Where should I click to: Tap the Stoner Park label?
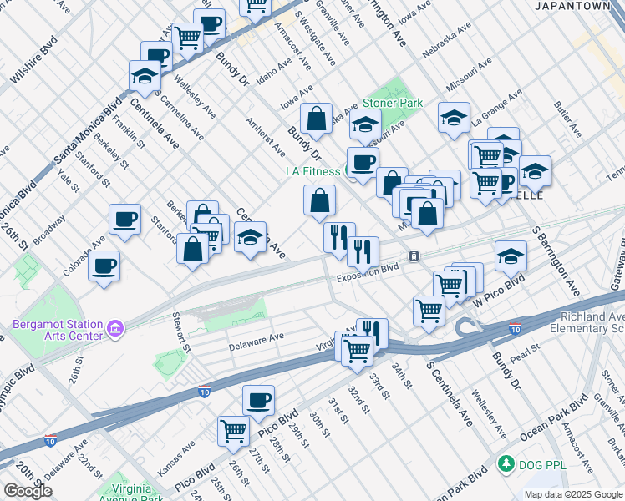click(x=393, y=104)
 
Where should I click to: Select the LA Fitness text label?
click(x=312, y=171)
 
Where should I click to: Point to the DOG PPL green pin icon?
click(x=505, y=463)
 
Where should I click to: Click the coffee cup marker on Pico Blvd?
click(x=258, y=400)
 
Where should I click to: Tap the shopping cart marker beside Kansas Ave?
click(x=233, y=431)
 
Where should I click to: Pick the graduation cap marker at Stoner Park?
click(x=364, y=124)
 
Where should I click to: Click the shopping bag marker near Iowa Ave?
click(x=318, y=119)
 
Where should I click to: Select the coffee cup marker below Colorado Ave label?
click(x=104, y=266)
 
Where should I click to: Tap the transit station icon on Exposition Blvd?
click(x=413, y=255)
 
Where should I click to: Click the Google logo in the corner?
click(x=28, y=491)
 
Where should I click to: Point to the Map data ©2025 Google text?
click(x=573, y=494)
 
